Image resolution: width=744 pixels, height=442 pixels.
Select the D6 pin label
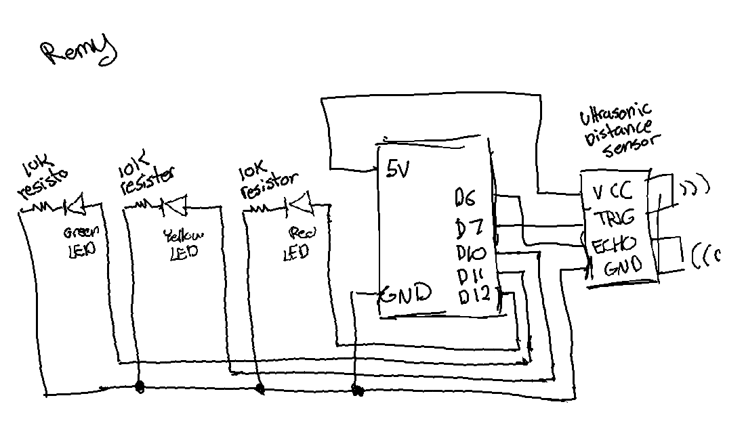click(x=466, y=198)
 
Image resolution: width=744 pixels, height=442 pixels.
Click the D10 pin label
click(x=471, y=254)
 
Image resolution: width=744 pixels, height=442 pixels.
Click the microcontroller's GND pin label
click(x=406, y=294)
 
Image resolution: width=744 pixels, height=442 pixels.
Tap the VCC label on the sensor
click(x=612, y=192)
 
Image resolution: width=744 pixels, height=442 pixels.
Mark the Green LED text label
click(x=81, y=241)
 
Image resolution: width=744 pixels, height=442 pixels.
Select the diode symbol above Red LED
click(x=297, y=202)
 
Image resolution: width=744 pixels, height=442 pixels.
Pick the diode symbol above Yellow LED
click(x=175, y=202)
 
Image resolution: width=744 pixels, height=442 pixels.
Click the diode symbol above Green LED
click(x=74, y=203)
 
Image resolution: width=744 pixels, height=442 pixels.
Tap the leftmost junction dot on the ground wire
click(x=140, y=387)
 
